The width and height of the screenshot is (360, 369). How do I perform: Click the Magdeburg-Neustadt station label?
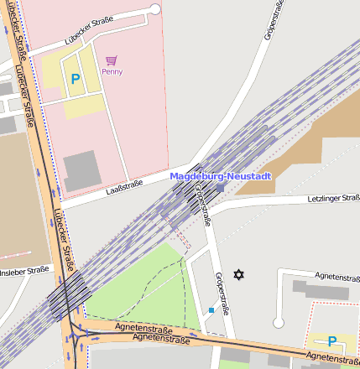pos(221,176)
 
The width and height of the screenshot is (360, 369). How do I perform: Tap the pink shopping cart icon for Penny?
pos(112,60)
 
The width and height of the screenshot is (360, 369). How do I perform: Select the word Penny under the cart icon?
pos(112,72)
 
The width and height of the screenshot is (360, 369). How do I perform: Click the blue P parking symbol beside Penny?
pos(76,80)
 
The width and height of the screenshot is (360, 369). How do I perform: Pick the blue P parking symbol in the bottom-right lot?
pos(332,341)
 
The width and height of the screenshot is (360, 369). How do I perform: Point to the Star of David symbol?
pos(238,274)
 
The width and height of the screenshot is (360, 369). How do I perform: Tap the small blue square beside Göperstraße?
pos(211,310)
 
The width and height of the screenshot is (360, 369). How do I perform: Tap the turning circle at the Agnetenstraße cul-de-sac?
pos(279,322)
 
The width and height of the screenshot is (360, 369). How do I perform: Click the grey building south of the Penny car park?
pos(81,169)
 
